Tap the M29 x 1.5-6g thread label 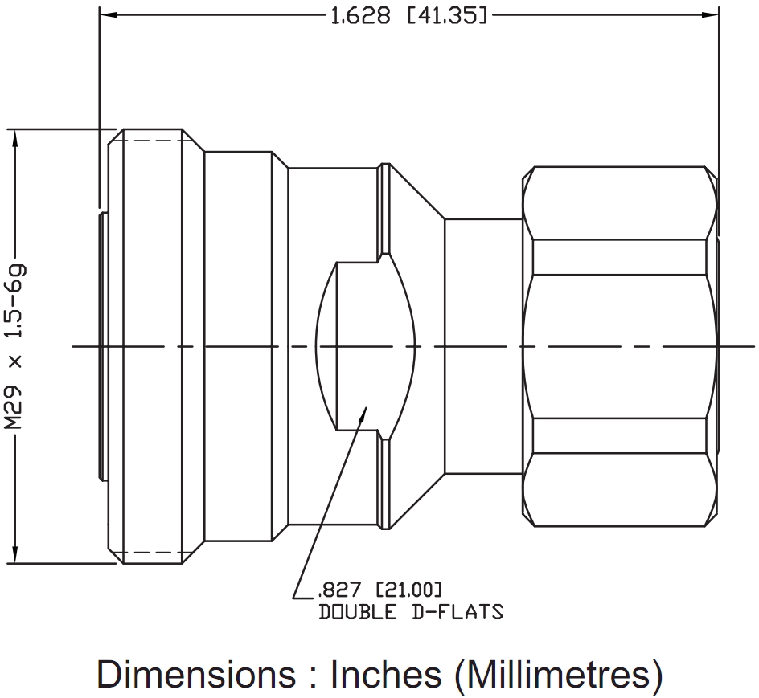[x=15, y=346]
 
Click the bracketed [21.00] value [x=409, y=590]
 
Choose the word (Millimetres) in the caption [x=558, y=674]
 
